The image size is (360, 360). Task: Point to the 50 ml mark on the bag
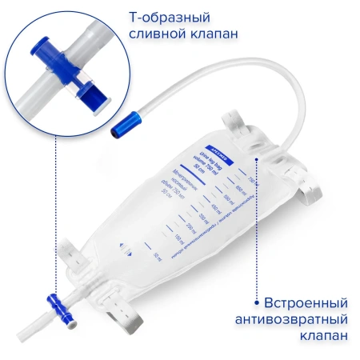point(157,258)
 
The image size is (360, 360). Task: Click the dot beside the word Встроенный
point(256,304)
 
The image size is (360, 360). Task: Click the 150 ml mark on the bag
point(178,238)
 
